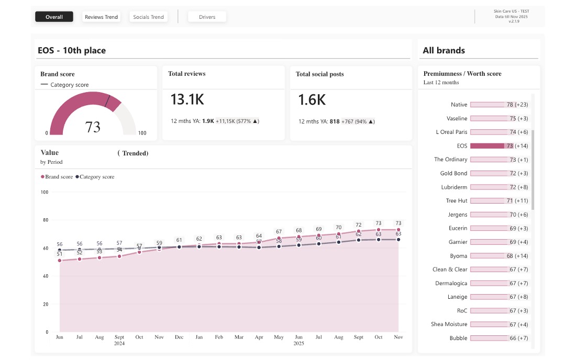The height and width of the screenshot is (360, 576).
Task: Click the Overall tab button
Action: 54,17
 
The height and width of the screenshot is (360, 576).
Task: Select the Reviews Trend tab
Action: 101,17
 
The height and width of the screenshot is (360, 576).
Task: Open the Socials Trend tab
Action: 148,17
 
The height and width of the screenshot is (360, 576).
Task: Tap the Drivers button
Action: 207,17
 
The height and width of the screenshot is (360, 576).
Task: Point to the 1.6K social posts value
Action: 312,100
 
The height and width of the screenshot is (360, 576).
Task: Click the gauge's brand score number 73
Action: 93,127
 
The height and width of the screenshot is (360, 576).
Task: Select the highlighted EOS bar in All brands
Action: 488,146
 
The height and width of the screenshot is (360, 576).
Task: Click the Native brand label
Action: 459,105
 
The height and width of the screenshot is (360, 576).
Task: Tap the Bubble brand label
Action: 458,338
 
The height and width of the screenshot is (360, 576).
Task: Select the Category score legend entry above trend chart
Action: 96,177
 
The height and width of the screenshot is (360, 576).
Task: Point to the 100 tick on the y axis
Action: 44,192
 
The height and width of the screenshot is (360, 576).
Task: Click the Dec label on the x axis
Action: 179,337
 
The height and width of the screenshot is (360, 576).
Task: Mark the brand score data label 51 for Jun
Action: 59,254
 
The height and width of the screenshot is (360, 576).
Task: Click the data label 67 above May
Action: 279,231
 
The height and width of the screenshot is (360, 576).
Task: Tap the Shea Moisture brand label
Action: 449,324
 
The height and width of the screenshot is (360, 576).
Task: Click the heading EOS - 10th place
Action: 72,50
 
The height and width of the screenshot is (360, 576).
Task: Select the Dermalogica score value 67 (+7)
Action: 519,283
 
